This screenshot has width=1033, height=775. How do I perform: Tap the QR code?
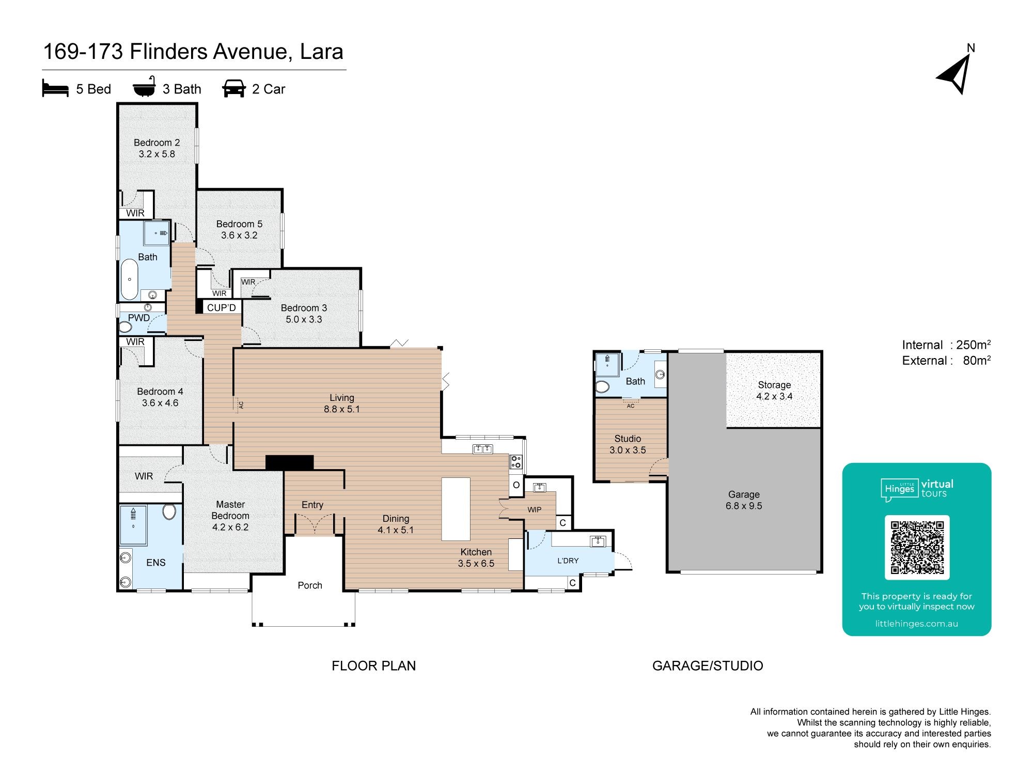917,548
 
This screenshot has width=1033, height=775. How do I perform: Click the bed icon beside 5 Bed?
55,88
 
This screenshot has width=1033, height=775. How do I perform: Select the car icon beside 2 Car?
234,88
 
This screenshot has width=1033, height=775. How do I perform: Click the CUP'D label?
222,307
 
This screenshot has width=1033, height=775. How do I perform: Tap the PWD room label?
139,318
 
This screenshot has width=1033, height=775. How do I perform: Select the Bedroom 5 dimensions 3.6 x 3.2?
239,235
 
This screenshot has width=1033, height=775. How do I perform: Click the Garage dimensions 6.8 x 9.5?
744,506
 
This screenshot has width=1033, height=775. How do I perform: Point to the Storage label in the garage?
774,385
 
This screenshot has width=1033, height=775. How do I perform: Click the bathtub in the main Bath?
129,280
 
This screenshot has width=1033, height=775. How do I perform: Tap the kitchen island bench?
456,509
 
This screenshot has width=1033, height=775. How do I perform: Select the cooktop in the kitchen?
516,462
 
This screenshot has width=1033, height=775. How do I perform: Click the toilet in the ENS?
169,512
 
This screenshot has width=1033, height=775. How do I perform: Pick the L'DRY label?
568,561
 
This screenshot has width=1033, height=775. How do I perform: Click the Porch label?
310,585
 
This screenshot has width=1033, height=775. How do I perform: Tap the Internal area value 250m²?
973,345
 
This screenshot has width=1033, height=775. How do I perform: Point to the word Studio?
628,439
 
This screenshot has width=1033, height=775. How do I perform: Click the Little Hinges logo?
917,489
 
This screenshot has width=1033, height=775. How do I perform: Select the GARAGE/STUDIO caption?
708,665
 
